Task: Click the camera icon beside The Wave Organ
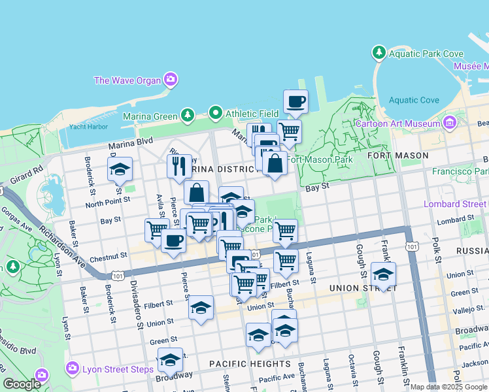(x=171, y=80)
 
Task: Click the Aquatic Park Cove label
(x=426, y=54)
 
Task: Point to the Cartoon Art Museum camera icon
(x=449, y=122)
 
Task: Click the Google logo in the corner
(x=22, y=384)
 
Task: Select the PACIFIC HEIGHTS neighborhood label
(x=250, y=363)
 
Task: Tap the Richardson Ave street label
(x=72, y=244)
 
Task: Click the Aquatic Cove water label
(x=414, y=100)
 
